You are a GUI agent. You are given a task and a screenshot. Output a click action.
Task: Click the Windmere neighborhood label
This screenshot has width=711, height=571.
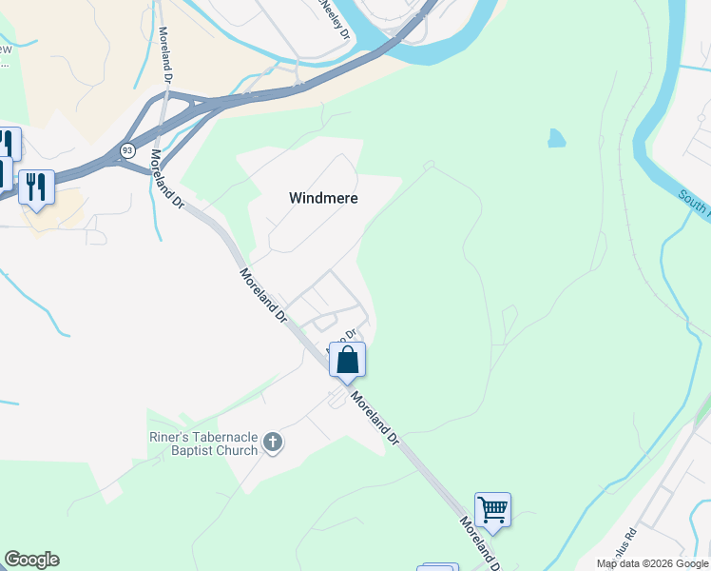tap(322, 198)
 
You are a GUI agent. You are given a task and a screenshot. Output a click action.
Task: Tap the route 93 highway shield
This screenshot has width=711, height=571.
tap(127, 150)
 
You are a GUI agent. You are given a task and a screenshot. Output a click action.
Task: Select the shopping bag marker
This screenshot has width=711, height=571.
tap(347, 361)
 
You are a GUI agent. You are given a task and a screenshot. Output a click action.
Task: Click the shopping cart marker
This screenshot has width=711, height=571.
tap(492, 509)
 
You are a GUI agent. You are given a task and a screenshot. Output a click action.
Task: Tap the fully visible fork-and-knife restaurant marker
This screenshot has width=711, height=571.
tap(36, 186)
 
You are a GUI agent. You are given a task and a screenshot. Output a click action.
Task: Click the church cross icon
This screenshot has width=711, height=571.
tap(273, 443)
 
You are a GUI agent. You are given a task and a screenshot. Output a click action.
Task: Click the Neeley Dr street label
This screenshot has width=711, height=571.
tap(336, 19)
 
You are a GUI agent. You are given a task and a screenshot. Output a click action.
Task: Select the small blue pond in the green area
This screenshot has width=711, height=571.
tap(556, 139)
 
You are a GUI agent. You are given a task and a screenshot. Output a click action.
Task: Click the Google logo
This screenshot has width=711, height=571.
tap(31, 560)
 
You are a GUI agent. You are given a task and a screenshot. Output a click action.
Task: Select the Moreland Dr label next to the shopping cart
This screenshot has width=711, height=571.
tap(481, 543)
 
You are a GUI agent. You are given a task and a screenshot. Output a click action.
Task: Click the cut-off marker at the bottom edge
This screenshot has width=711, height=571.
tap(437, 567)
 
